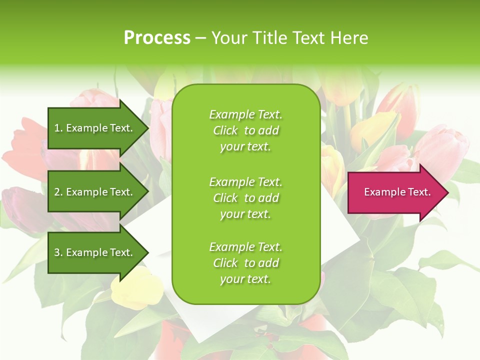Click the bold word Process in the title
click(157, 38)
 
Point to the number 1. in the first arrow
click(58, 128)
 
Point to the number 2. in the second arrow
click(58, 192)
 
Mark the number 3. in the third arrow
click(58, 252)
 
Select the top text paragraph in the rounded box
click(245, 130)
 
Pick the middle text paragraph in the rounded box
click(245, 197)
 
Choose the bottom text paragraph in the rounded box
click(245, 263)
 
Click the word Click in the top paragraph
click(225, 130)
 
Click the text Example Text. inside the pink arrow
click(397, 192)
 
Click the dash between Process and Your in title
click(200, 38)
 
